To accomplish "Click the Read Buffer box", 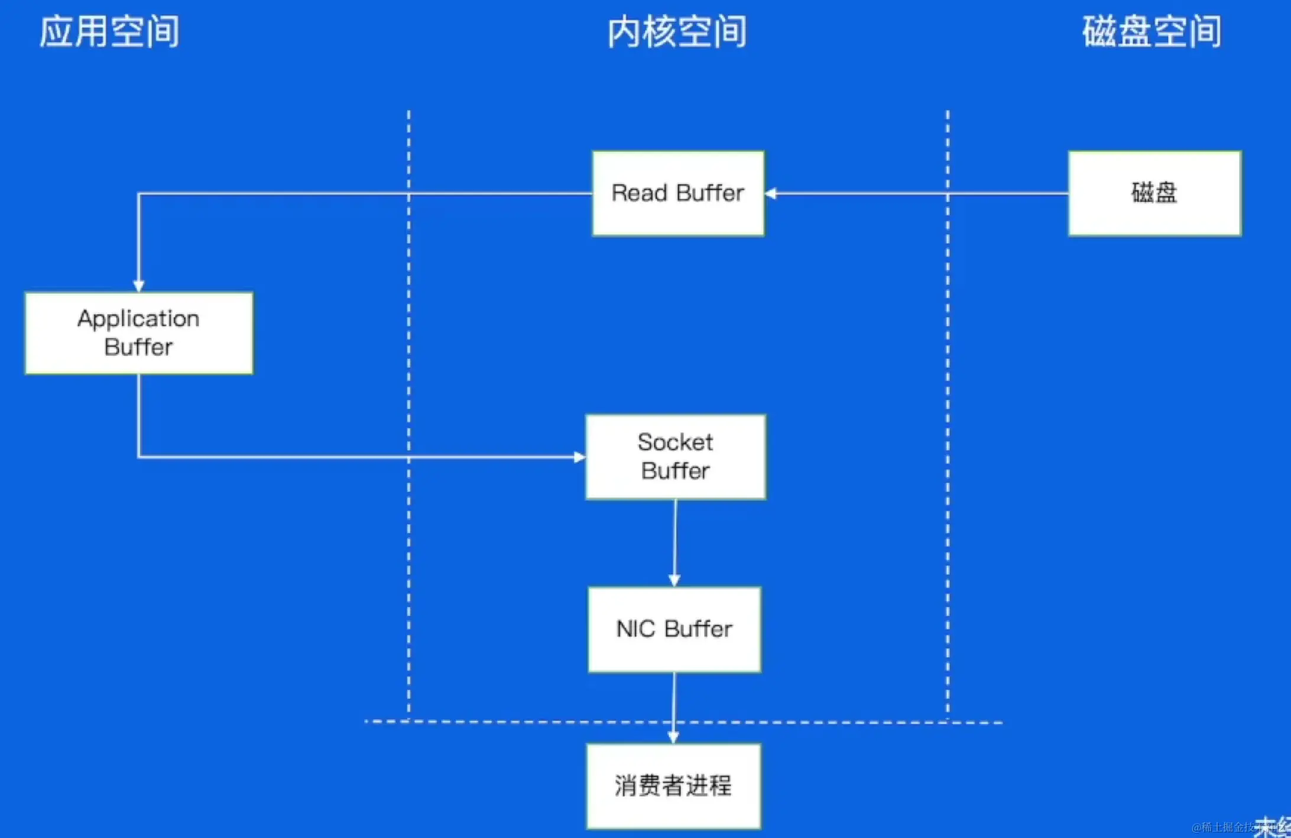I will [678, 193].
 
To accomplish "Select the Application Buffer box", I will [139, 333].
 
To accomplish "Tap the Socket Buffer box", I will [676, 457].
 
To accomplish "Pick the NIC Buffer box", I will [674, 629].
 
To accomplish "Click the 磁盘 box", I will [1154, 193].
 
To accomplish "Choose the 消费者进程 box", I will [673, 786].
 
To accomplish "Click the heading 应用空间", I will [109, 32].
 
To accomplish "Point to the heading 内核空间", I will [677, 32].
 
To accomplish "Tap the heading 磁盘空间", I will [1152, 32].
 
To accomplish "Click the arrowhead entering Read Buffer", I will [771, 193].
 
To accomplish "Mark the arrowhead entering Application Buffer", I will [139, 286].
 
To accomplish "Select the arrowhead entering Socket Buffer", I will [579, 457].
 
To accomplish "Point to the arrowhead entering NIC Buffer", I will [674, 581].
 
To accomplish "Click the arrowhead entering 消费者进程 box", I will [673, 737].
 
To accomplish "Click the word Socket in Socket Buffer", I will [675, 442].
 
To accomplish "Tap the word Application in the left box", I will [139, 319].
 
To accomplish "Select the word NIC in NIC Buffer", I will [635, 629].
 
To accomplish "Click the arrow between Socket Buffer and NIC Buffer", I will [675, 541].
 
